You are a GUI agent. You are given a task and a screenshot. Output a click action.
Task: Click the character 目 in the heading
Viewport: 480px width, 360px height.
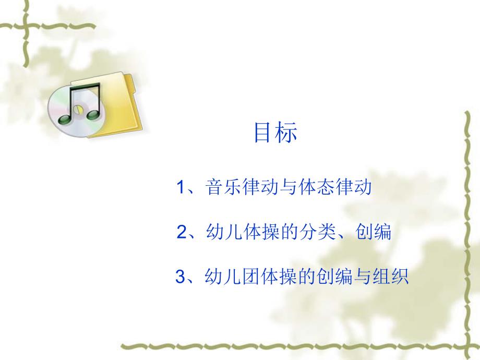pos(262,133)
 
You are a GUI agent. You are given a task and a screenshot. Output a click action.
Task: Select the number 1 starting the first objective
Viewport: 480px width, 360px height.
pos(181,187)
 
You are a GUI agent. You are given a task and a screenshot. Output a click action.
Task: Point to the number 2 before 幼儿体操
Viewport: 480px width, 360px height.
pos(182,232)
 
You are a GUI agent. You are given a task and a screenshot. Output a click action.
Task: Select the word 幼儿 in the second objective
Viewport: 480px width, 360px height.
pos(223,232)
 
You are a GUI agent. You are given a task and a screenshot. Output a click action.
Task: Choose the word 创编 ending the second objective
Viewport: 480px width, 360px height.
pos(375,232)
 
